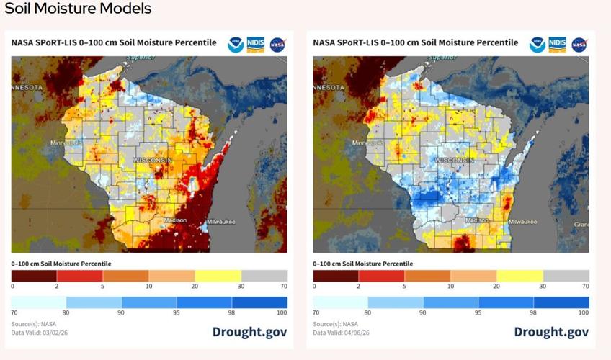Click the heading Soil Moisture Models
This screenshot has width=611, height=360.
(x=78, y=9)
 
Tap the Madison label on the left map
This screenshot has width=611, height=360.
(x=175, y=220)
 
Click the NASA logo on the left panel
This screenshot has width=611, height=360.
(x=277, y=45)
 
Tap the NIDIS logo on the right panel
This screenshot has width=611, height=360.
(x=558, y=45)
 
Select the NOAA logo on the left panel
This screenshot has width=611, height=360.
(x=236, y=45)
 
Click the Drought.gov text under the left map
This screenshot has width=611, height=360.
(x=249, y=332)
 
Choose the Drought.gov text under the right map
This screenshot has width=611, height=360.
(x=551, y=332)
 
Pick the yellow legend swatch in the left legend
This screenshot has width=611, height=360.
(x=218, y=276)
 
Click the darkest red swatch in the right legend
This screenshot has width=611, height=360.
(x=336, y=276)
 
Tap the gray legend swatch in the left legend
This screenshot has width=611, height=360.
(x=264, y=276)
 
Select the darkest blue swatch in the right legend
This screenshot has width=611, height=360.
(x=561, y=302)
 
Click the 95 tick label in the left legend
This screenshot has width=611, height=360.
(x=177, y=313)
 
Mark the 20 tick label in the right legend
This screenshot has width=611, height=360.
(x=496, y=287)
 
